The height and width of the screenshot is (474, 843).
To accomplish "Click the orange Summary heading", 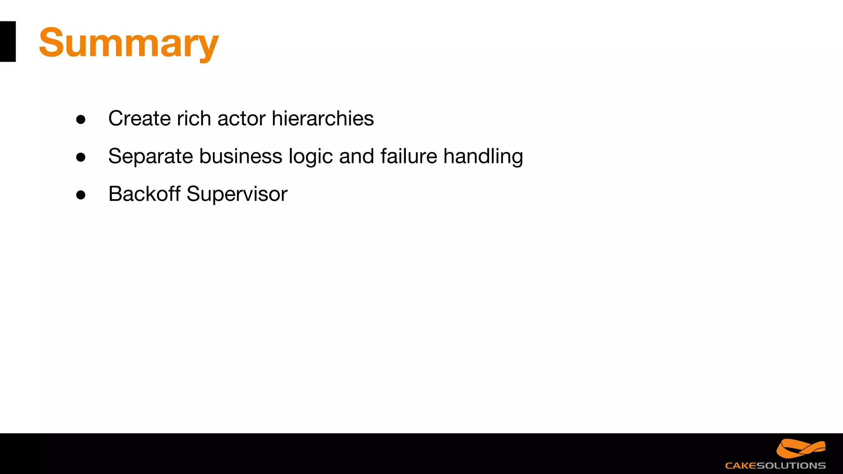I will pos(128,43).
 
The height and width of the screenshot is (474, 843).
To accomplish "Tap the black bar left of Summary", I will pos(8,42).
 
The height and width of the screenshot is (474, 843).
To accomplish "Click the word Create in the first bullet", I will pos(139,118).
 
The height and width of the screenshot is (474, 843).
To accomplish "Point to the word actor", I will pos(241,118).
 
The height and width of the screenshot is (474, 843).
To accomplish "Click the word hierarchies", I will pos(323,118).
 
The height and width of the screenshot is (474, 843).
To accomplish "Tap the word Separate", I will pos(150,156).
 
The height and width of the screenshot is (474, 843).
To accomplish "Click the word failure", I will pos(408,156).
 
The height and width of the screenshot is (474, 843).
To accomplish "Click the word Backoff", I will pos(144,194).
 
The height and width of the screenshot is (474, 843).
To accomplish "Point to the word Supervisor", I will pos(237,195).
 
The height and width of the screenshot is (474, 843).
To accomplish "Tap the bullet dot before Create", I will pos(81,120).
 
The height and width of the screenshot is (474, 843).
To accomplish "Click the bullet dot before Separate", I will pos(81,157).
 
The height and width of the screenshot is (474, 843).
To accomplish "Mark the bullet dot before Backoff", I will pos(81,195).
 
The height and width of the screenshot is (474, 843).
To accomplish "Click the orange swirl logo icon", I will pos(801,448).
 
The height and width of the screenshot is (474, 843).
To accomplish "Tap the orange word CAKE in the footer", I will pos(741,466).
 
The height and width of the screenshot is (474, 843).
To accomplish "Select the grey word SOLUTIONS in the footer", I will pos(791,466).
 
